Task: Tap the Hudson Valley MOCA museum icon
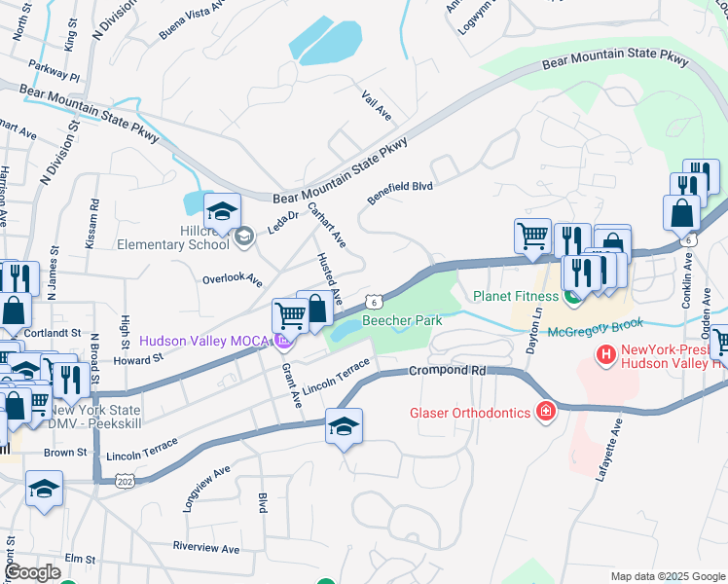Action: tap(283, 341)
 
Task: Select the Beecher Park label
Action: tap(402, 320)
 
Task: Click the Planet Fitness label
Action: tap(516, 296)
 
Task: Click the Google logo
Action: tap(31, 573)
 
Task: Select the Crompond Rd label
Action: tap(447, 371)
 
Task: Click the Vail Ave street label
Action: tap(376, 108)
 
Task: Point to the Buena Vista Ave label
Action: tap(191, 24)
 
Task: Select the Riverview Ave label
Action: tap(205, 548)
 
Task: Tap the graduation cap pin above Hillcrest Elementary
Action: tap(222, 212)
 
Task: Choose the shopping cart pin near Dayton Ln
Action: tap(532, 236)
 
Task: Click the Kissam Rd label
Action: tap(92, 224)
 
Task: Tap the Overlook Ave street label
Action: tap(233, 280)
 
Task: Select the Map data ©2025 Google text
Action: tap(668, 576)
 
